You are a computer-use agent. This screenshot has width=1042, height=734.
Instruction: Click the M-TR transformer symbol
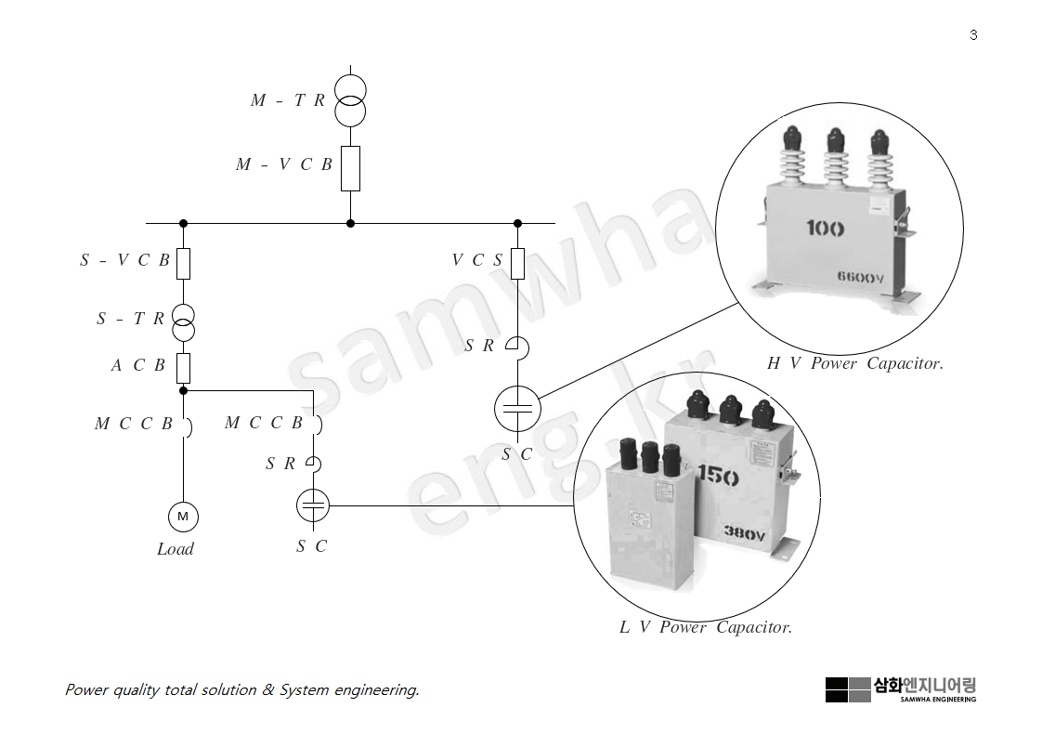350,101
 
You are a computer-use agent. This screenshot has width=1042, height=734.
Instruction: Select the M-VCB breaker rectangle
350,168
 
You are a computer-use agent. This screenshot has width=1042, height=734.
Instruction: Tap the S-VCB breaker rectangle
183,264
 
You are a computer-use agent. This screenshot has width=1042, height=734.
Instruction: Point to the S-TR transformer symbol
183,321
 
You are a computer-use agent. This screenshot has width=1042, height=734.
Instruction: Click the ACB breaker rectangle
183,368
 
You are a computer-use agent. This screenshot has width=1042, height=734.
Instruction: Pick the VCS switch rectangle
517,264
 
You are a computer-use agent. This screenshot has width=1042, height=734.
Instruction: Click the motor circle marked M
183,517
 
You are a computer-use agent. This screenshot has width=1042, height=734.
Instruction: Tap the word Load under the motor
176,549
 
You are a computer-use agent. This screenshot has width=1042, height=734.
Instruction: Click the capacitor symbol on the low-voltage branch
313,506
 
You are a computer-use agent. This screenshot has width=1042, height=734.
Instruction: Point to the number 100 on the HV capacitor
825,228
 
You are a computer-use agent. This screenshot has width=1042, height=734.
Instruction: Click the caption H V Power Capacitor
854,363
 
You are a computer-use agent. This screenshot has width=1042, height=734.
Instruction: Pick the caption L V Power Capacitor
706,627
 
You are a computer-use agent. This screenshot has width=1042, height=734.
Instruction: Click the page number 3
973,35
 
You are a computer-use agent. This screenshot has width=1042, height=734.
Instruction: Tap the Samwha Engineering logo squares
848,689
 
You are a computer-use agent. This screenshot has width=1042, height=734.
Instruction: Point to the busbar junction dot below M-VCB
350,223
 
